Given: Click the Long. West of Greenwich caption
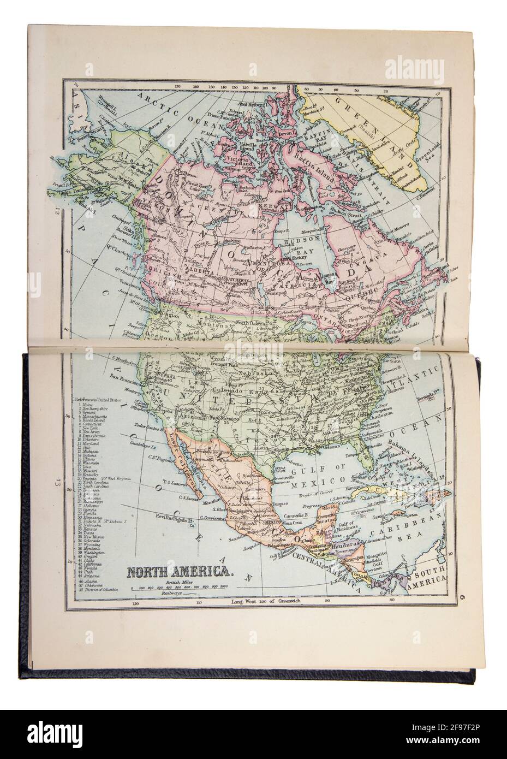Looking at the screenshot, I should [x=264, y=601].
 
